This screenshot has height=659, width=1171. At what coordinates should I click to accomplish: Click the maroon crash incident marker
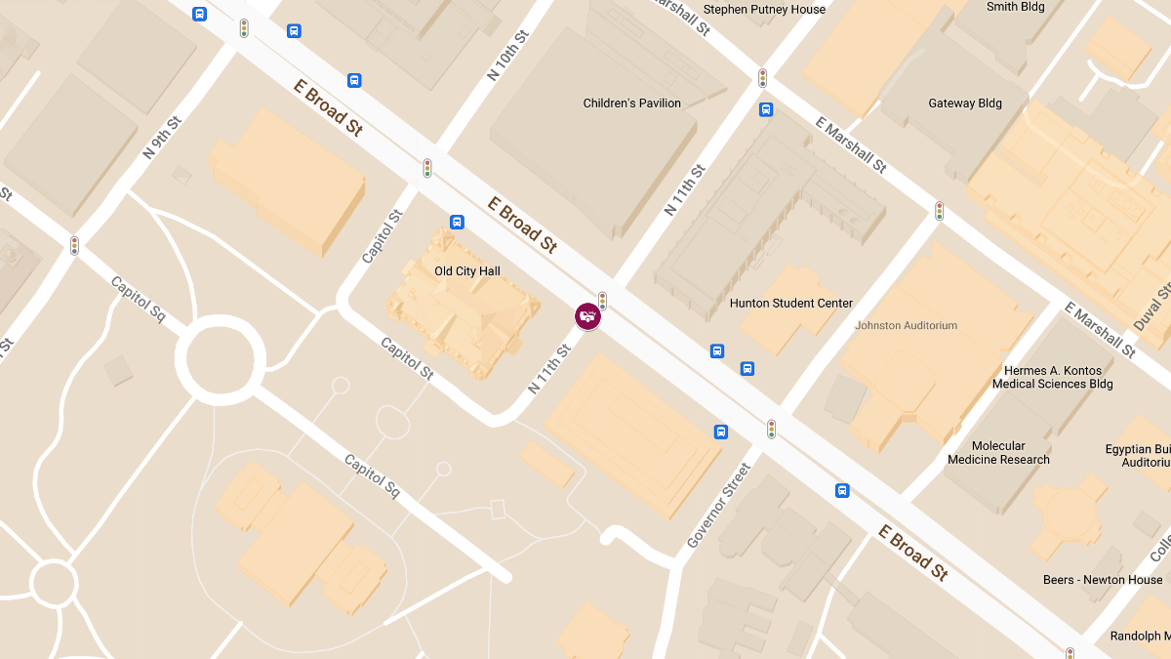click(587, 315)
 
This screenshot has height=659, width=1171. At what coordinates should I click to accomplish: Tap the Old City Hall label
click(466, 270)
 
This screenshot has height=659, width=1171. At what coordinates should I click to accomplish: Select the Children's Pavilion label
click(631, 103)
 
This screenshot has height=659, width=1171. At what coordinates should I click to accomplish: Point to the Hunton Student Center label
click(790, 303)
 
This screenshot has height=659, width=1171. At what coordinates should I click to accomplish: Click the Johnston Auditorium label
click(906, 325)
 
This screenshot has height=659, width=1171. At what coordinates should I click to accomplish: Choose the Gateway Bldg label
click(964, 103)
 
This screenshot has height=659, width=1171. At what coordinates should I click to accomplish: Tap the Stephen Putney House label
click(764, 10)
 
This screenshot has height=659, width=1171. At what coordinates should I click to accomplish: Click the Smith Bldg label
click(1015, 7)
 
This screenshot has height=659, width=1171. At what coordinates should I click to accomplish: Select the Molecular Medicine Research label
click(998, 453)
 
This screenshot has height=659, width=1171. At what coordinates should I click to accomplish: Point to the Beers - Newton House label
click(1103, 579)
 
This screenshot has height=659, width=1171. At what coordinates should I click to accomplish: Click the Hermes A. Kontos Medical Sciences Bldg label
click(1052, 377)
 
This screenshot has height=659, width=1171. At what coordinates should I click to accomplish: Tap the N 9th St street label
click(162, 138)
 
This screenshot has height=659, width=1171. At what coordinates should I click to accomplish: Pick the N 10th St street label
click(507, 55)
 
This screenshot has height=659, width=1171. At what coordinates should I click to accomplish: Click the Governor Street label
click(719, 504)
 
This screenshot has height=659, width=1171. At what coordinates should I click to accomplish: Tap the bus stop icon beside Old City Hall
click(457, 222)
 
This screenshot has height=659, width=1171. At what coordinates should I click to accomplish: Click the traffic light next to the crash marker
click(602, 301)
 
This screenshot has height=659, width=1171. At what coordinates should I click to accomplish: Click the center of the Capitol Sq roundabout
click(221, 358)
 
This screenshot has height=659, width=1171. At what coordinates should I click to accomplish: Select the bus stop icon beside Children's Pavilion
click(766, 109)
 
